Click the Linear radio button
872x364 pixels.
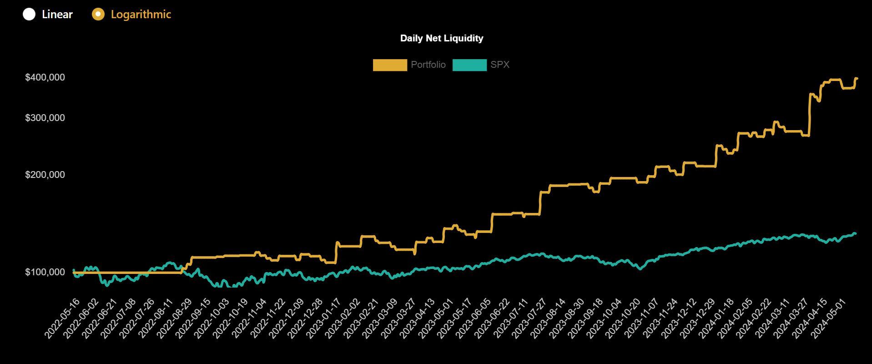(29, 14)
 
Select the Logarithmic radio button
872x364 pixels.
(98, 14)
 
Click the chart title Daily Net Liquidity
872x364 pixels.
(441, 38)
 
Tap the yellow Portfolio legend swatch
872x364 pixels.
(390, 65)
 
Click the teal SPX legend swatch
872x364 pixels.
(469, 65)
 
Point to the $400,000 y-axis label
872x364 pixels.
(45, 77)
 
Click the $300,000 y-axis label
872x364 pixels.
(45, 118)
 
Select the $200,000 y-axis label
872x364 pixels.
(45, 175)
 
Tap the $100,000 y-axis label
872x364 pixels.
(45, 272)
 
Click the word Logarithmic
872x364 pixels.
(141, 14)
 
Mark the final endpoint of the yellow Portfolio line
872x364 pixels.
(857, 78)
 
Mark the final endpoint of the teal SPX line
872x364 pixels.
(855, 234)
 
